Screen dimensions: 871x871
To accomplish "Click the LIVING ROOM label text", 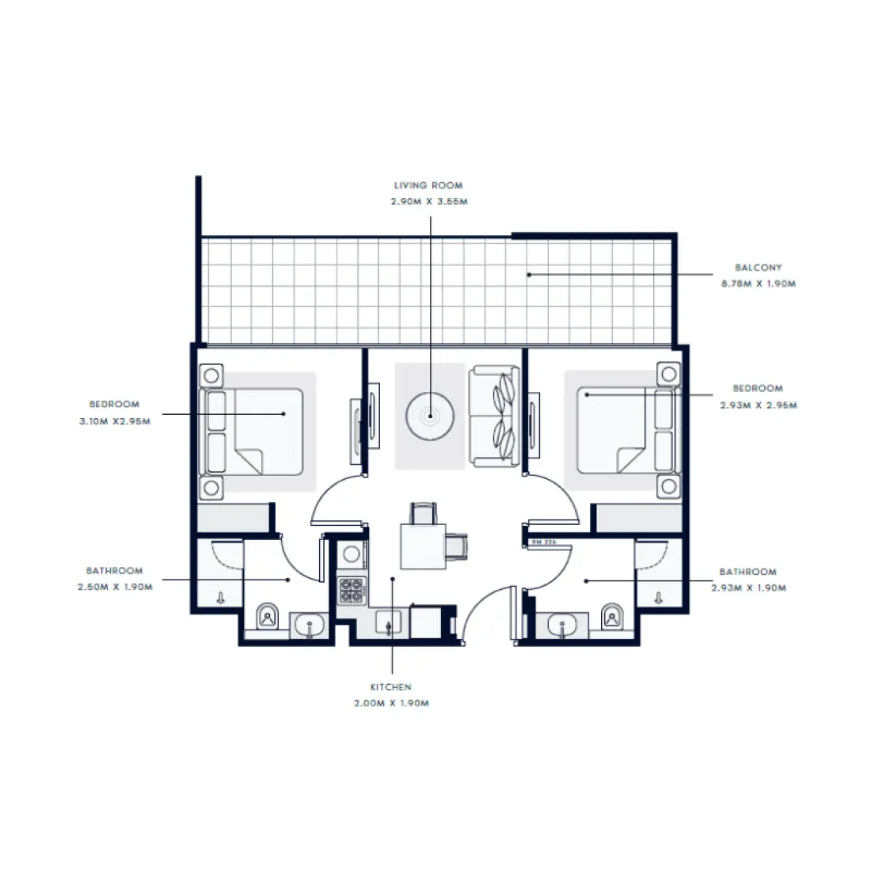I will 428,185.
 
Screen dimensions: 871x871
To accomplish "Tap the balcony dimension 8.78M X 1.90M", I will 758,283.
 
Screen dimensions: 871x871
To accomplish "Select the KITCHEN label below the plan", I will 391,687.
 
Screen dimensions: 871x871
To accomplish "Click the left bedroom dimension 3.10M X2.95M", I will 115,421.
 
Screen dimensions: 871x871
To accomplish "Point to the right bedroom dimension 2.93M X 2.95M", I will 758,405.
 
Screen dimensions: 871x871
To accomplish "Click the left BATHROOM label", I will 115,570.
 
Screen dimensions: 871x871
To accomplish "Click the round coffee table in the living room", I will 430,414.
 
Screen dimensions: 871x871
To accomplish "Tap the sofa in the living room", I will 494,415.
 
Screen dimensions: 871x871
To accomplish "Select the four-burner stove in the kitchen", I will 352,590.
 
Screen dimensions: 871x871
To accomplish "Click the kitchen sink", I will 388,623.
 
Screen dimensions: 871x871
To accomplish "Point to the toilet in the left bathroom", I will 268,615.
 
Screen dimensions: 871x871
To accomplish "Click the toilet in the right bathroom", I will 611,615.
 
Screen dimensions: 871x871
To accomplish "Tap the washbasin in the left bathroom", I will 307,626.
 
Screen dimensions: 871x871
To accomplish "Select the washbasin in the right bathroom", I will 563,626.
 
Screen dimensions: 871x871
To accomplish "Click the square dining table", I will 422,546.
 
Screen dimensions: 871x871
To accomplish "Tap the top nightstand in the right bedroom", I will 669,373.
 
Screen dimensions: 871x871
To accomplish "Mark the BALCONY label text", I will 758,268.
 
